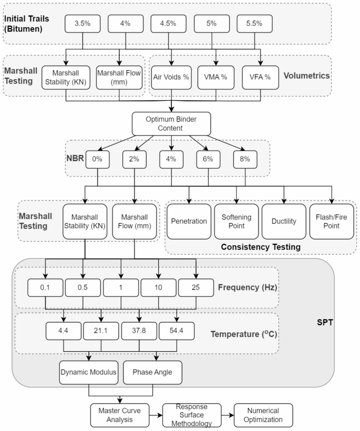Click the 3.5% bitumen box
pyautogui.click(x=83, y=24)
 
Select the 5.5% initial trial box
pyautogui.click(x=255, y=24)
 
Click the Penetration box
pyautogui.click(x=189, y=222)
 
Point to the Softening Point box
pyautogui.click(x=236, y=222)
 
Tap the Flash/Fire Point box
pyautogui.click(x=332, y=222)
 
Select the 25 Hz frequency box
pyautogui.click(x=196, y=287)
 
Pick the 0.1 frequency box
pyautogui.click(x=46, y=287)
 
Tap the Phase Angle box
pyautogui.click(x=152, y=372)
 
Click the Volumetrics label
pyautogui.click(x=306, y=76)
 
